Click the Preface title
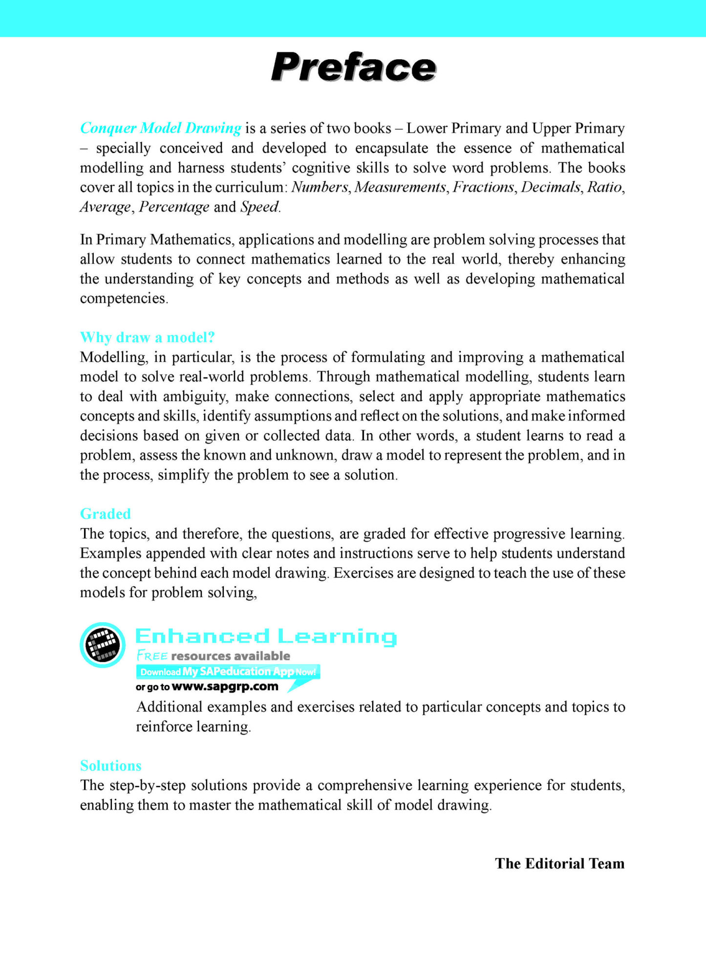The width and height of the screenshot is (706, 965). [353, 67]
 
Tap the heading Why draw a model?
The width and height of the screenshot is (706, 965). [147, 337]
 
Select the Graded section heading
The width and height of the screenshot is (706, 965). [106, 514]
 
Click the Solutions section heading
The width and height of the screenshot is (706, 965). [111, 766]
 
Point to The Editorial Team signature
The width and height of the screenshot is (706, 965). [559, 863]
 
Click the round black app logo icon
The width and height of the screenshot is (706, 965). [103, 645]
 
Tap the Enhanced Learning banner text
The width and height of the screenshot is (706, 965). [266, 636]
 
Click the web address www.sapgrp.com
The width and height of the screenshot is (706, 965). [225, 686]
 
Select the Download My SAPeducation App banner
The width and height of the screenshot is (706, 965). [228, 672]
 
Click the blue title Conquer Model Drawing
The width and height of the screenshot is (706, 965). [160, 128]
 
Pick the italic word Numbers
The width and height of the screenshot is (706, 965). [320, 187]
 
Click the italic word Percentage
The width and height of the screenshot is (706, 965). [174, 207]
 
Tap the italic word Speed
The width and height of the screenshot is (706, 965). [260, 207]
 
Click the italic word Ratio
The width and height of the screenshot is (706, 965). [605, 187]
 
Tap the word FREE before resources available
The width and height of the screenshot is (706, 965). [152, 656]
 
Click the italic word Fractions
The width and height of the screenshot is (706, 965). [483, 187]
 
